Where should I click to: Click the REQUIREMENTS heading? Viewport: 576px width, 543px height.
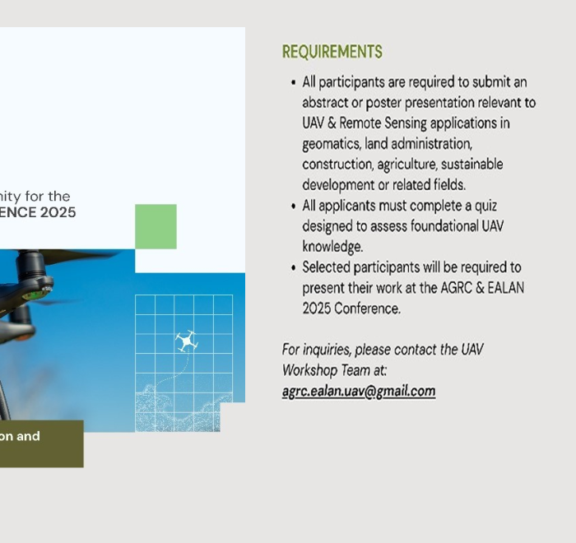point(332,52)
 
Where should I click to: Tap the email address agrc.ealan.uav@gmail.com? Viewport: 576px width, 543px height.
point(359,392)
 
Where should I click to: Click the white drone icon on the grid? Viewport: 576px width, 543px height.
point(187,341)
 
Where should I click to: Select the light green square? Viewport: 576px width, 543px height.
point(156,227)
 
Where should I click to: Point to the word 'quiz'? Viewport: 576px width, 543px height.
point(485,207)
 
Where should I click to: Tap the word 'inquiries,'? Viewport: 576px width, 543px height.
point(327,350)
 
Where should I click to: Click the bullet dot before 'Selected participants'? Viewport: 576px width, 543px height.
point(293,268)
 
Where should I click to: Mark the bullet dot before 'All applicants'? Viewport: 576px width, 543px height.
point(293,207)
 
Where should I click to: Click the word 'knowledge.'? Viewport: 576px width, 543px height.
point(332,247)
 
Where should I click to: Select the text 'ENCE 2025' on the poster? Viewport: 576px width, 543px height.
point(38,212)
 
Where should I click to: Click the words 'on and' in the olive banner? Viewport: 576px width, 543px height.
point(20,436)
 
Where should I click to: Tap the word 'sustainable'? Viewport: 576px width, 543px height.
point(472,165)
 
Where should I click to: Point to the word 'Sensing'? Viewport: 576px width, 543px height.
point(406,123)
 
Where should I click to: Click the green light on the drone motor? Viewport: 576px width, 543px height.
point(34,295)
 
